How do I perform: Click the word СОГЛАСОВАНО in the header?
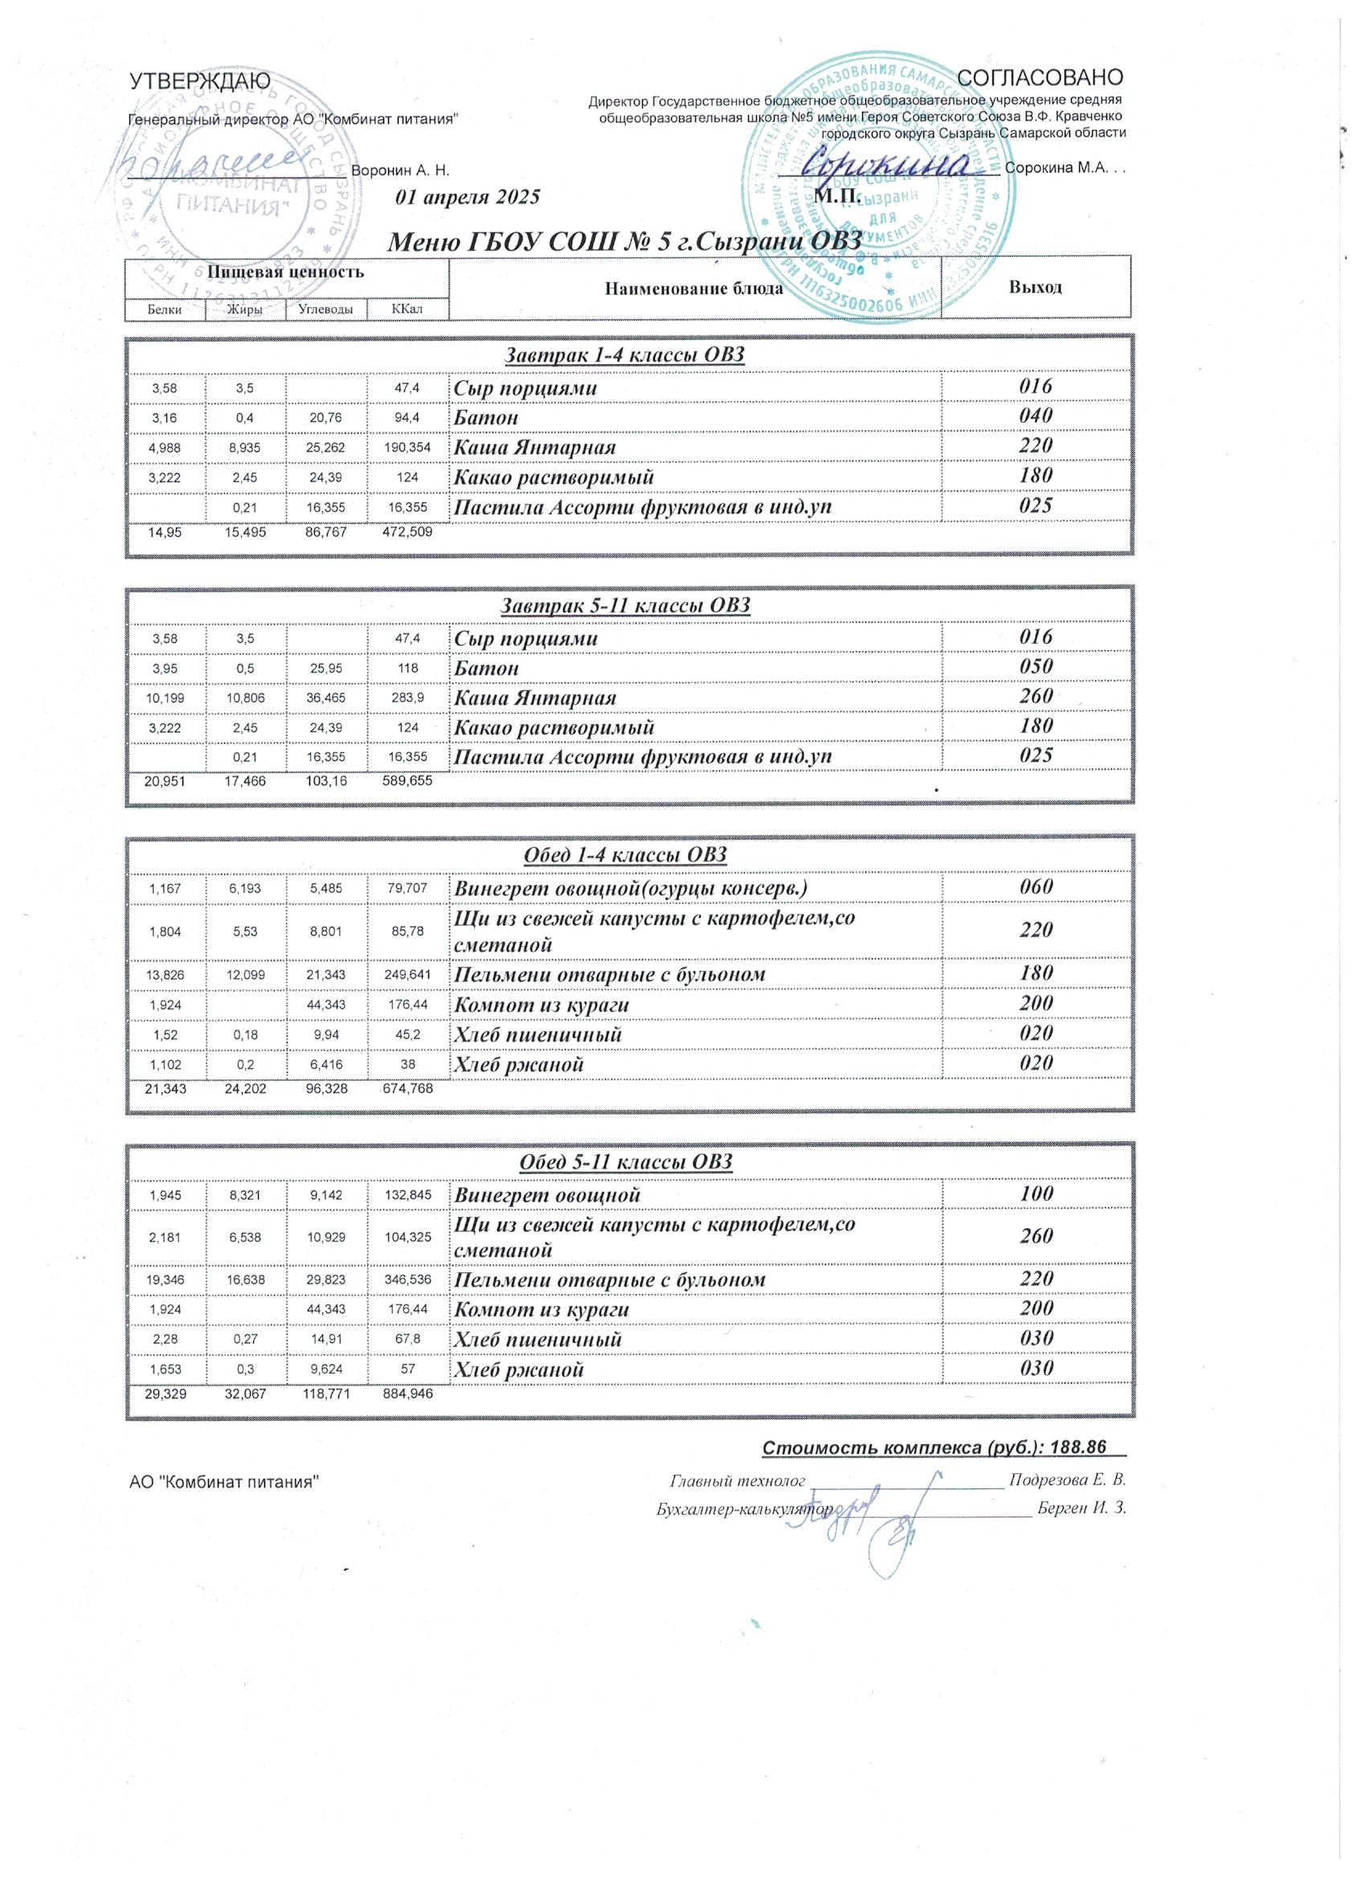(1040, 78)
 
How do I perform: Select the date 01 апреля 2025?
(468, 197)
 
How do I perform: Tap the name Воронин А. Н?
(400, 170)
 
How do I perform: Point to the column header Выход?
(1036, 288)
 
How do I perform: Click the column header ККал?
(407, 309)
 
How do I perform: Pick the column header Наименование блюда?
(694, 289)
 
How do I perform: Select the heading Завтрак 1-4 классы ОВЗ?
(625, 355)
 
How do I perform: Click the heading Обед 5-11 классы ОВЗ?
(625, 1162)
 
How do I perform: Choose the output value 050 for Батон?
(1036, 667)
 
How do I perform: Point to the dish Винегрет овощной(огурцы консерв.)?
(631, 889)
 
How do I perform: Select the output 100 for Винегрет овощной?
(1036, 1193)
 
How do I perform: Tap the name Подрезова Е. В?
(1067, 1480)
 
